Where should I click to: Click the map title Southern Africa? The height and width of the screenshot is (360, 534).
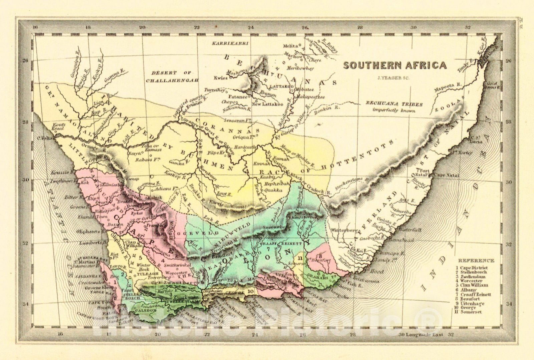tap(395, 65)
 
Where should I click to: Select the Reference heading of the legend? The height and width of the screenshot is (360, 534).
tap(476, 261)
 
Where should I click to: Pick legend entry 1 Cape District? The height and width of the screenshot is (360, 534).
tap(471, 268)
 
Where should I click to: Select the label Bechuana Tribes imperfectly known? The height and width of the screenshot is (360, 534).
tap(394, 107)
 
